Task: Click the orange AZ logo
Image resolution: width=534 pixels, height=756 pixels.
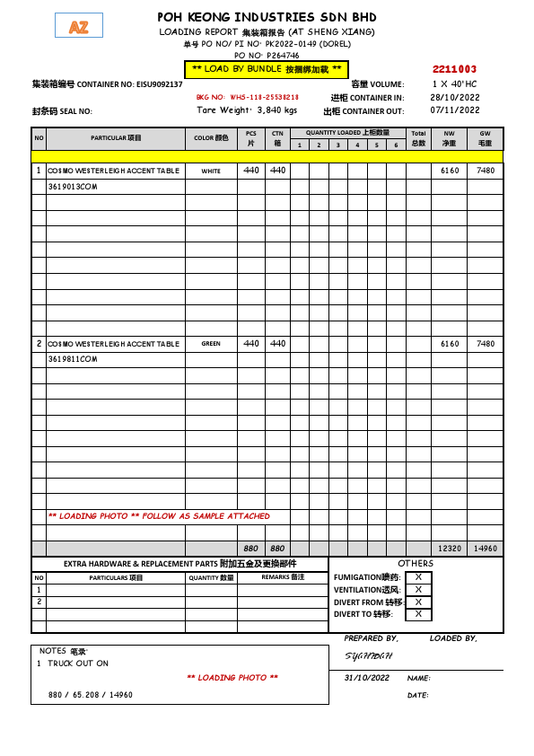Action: click(78, 28)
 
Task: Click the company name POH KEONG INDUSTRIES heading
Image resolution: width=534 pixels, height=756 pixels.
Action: click(267, 17)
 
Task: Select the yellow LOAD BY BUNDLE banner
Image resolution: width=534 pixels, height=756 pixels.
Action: click(266, 69)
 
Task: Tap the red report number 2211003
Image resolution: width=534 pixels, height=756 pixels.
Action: click(454, 69)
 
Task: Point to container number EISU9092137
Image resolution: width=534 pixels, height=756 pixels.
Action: click(159, 84)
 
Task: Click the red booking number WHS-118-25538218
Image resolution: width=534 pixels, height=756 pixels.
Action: click(247, 97)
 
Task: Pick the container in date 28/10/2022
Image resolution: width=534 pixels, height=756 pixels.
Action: click(455, 97)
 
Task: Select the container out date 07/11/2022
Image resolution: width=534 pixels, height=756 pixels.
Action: click(455, 110)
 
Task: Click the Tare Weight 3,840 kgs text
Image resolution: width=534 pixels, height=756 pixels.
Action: click(246, 110)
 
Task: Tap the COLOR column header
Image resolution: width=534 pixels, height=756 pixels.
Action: click(211, 138)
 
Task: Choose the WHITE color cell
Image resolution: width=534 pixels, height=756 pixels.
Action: click(211, 171)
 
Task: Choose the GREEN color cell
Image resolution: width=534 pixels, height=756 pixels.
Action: click(211, 344)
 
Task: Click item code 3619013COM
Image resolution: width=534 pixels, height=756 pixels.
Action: click(72, 186)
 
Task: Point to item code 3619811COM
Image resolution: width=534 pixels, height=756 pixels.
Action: click(72, 359)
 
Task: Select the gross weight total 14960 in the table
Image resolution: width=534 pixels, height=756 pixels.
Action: click(485, 548)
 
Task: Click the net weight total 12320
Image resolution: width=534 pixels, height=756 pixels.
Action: click(449, 548)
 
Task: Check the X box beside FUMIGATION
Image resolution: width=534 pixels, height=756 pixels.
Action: click(418, 577)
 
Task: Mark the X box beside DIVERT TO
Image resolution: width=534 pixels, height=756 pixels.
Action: click(418, 614)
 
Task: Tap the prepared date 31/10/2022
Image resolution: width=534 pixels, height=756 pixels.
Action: click(367, 678)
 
